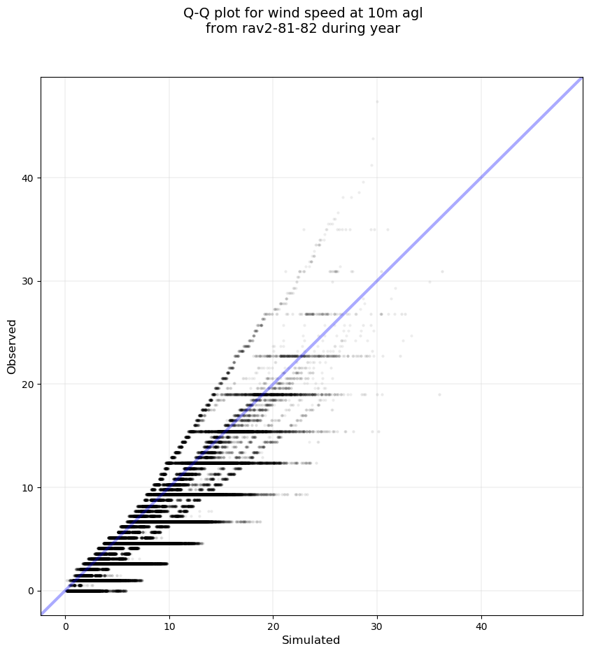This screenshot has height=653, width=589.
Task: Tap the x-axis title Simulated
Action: (x=311, y=640)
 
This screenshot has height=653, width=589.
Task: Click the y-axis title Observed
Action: (x=12, y=346)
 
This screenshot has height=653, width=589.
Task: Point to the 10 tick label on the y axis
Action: (x=29, y=487)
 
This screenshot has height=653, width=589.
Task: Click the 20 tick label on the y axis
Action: (x=29, y=384)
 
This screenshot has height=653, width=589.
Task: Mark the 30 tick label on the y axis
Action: (x=29, y=281)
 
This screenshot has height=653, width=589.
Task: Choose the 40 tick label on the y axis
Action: (x=29, y=178)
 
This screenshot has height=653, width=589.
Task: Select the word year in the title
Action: (x=385, y=29)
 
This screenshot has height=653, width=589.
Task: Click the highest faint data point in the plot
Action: (x=377, y=101)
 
